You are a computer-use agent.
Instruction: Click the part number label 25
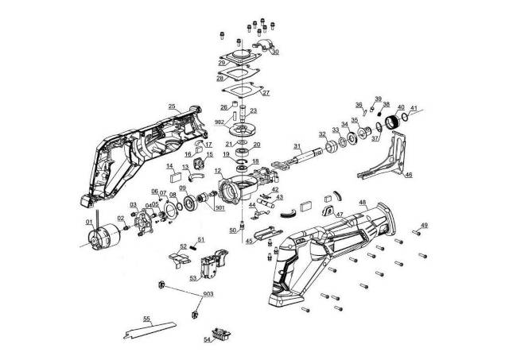click(x=171, y=106)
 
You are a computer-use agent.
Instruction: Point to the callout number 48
click(x=362, y=203)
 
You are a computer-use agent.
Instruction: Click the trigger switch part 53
click(x=213, y=265)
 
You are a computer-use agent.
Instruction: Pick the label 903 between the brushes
click(x=208, y=294)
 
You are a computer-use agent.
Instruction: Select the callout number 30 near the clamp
click(x=275, y=52)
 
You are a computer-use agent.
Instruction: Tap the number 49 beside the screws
click(x=424, y=226)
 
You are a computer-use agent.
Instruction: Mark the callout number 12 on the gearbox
click(x=218, y=170)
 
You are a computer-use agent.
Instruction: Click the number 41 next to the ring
click(x=414, y=107)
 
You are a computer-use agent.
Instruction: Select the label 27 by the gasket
click(x=266, y=92)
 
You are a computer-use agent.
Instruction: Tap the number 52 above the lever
click(x=183, y=246)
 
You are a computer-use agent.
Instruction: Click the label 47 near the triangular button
click(x=339, y=215)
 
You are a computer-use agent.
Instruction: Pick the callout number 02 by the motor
click(x=120, y=218)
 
